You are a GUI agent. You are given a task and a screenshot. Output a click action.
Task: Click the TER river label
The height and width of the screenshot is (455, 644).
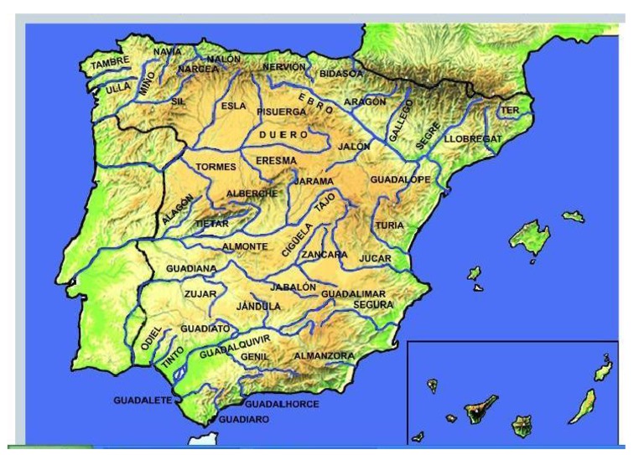[509, 111]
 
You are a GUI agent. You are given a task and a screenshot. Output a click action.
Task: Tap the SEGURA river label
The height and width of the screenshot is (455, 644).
[373, 305]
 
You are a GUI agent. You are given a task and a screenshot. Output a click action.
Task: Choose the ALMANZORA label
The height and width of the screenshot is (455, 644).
[324, 356]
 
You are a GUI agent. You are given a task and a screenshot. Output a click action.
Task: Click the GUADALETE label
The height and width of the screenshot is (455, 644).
[143, 401]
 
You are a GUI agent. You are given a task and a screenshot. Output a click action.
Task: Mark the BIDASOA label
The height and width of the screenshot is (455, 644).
[341, 74]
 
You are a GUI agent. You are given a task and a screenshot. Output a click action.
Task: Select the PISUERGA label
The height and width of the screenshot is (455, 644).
[282, 111]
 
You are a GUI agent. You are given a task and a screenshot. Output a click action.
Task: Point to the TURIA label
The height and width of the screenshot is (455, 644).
[390, 225]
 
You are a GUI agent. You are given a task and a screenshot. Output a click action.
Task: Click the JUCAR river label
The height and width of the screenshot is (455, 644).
[375, 258]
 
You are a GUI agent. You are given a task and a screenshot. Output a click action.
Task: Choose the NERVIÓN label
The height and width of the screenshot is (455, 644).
[283, 67]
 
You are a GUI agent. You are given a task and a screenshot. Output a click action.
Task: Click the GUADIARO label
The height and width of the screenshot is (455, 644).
[244, 419]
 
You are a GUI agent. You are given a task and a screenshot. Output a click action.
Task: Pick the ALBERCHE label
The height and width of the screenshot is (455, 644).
[252, 194]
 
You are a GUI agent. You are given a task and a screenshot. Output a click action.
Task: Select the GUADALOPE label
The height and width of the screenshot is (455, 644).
[400, 180]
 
